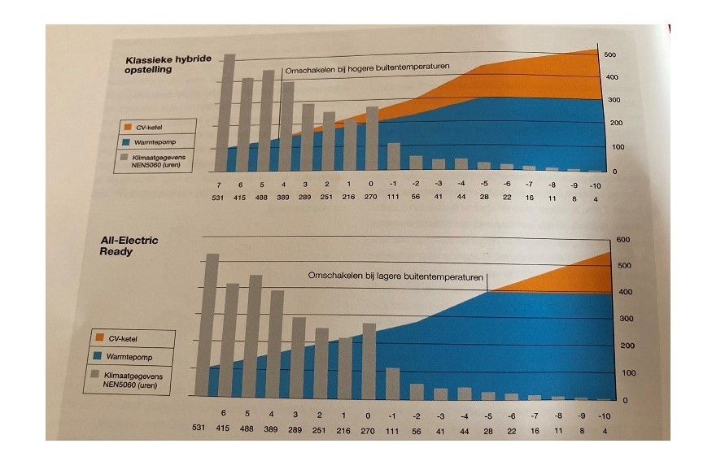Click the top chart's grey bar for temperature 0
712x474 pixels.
(x=371, y=139)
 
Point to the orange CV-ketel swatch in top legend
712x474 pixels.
(x=127, y=127)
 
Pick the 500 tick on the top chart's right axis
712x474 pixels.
(x=609, y=55)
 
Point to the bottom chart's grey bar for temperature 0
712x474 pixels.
(x=369, y=361)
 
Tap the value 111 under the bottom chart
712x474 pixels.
(x=394, y=428)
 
